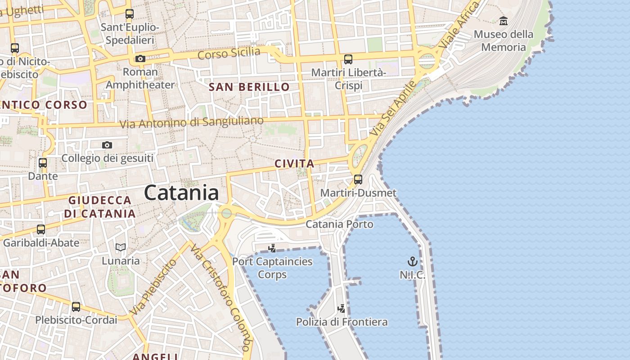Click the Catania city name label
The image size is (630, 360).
182,193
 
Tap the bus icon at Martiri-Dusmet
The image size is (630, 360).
358,180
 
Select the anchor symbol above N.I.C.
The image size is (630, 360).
412,261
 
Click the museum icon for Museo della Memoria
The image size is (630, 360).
504,21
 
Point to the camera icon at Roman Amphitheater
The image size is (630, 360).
140,58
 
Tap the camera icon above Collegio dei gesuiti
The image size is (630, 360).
107,145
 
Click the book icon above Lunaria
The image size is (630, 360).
120,247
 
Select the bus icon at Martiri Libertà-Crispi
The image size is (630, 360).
348,59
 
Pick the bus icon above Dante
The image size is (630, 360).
43,163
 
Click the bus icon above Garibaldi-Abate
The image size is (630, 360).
41,229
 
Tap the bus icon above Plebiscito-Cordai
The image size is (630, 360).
76,307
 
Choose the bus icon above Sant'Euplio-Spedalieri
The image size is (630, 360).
130,14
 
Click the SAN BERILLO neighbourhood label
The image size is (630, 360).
249,87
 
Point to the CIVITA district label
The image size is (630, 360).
294,164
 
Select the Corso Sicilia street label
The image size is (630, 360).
229,53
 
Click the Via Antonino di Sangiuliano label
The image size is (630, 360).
191,122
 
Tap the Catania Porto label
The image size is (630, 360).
339,224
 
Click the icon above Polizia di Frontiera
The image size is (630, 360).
342,309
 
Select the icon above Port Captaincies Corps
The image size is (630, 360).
272,248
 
